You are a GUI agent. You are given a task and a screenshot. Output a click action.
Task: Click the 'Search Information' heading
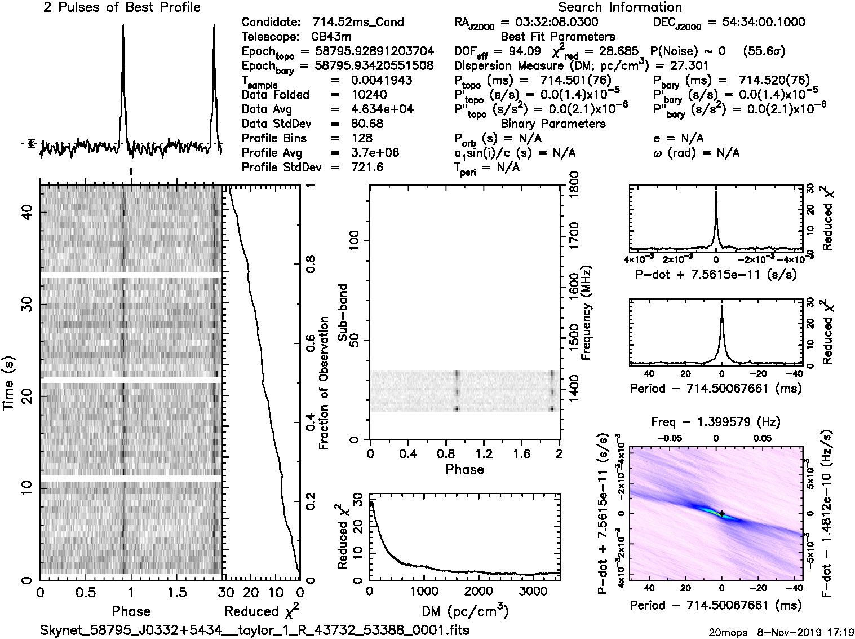pyautogui.click(x=620, y=7)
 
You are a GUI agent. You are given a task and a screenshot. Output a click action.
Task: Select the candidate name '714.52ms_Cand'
pyautogui.click(x=358, y=23)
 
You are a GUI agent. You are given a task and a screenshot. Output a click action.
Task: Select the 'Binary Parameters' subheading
pyautogui.click(x=553, y=124)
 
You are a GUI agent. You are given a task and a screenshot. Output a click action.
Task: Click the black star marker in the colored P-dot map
pyautogui.click(x=722, y=513)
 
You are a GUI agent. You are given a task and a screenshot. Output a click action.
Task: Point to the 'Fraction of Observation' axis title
pyautogui.click(x=324, y=383)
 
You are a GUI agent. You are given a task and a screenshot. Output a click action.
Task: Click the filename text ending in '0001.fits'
pyautogui.click(x=255, y=630)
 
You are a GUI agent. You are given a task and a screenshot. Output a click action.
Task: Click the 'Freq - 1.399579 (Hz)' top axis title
pyautogui.click(x=716, y=422)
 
